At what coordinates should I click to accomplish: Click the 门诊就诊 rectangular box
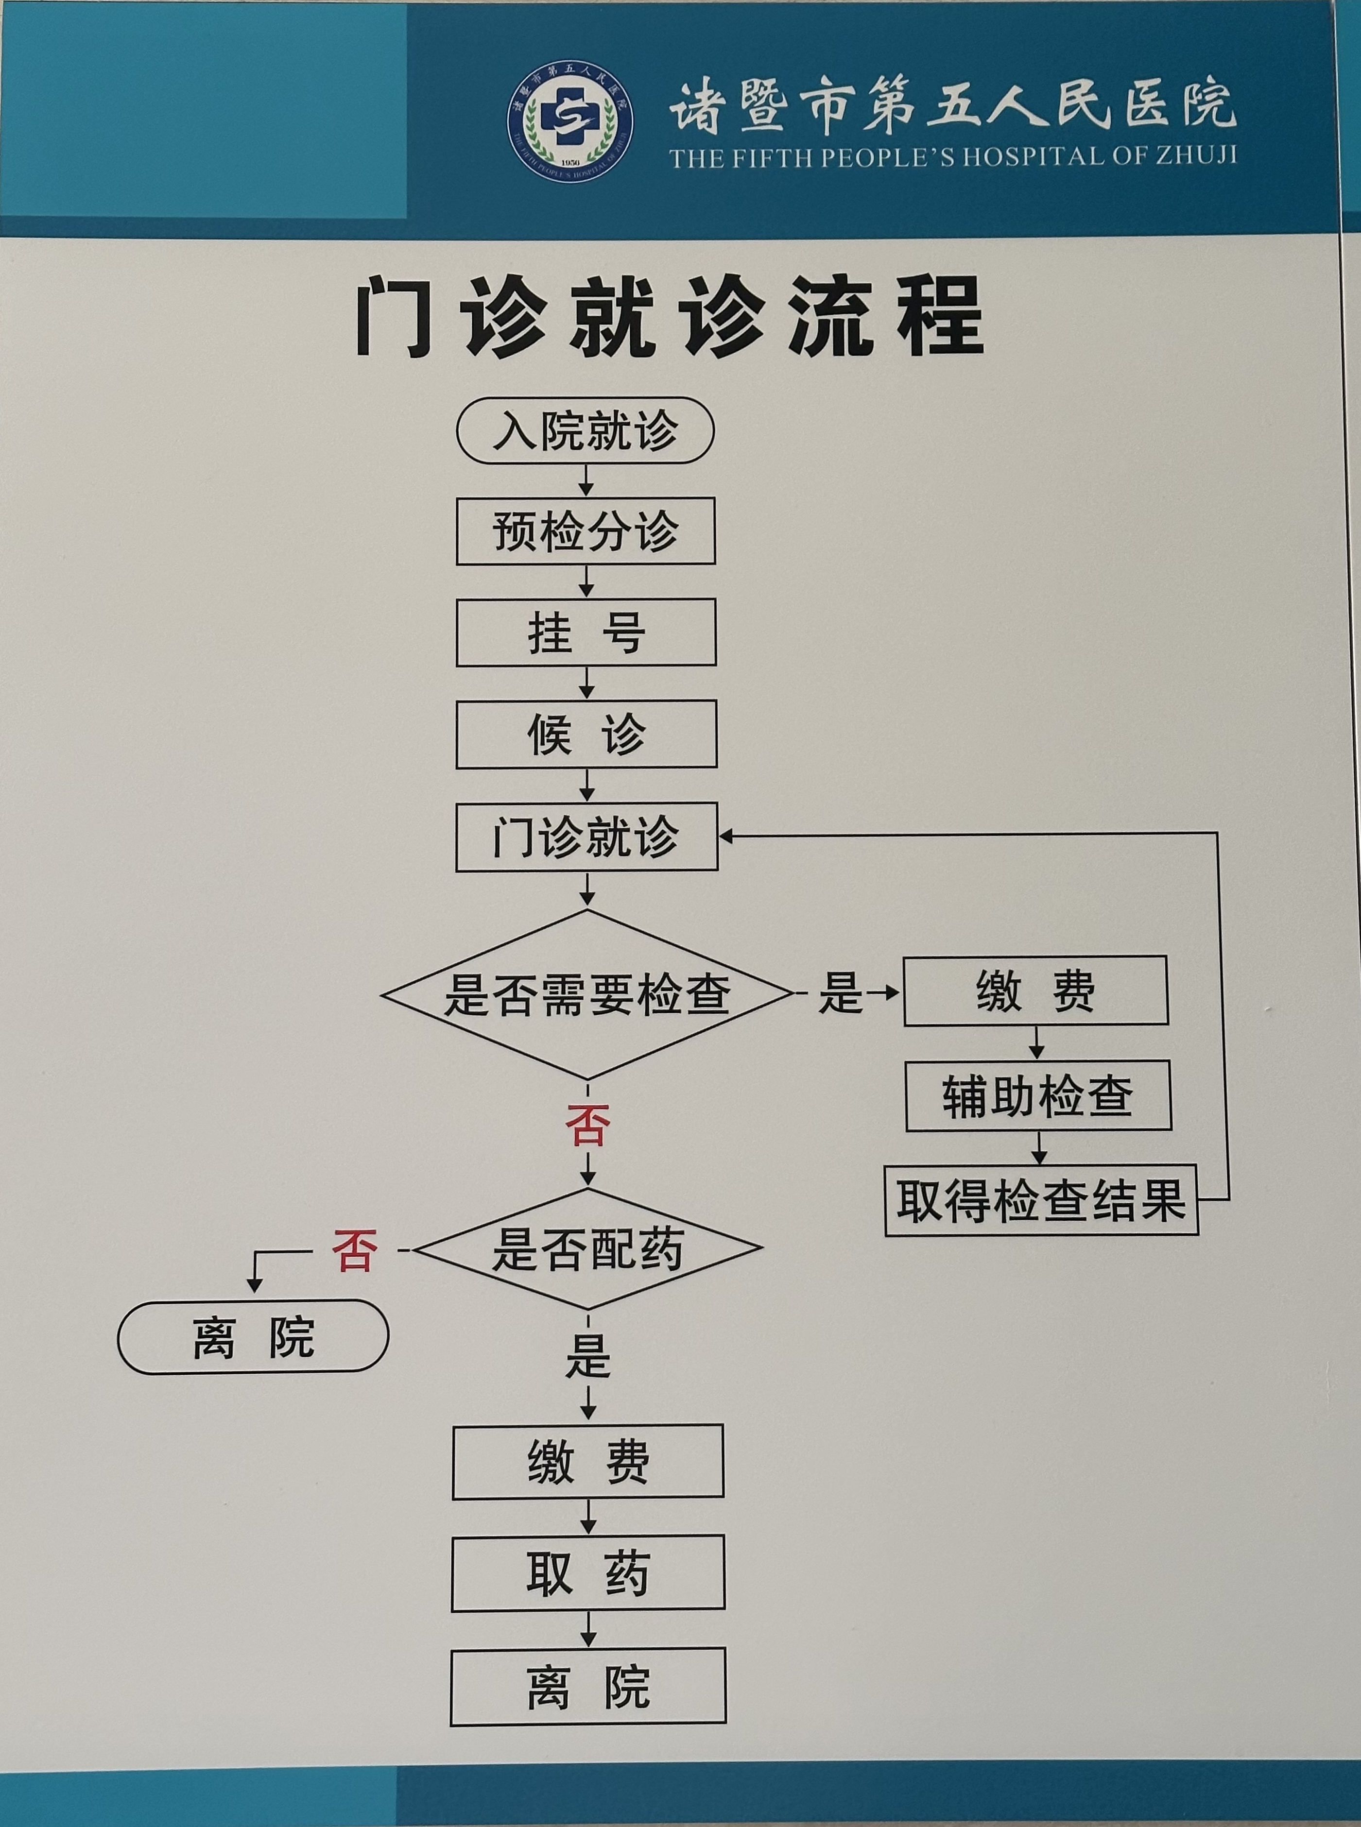[586, 837]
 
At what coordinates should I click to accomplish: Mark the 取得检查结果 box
[1040, 1200]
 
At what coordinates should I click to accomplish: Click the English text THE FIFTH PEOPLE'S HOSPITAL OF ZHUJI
[952, 156]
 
